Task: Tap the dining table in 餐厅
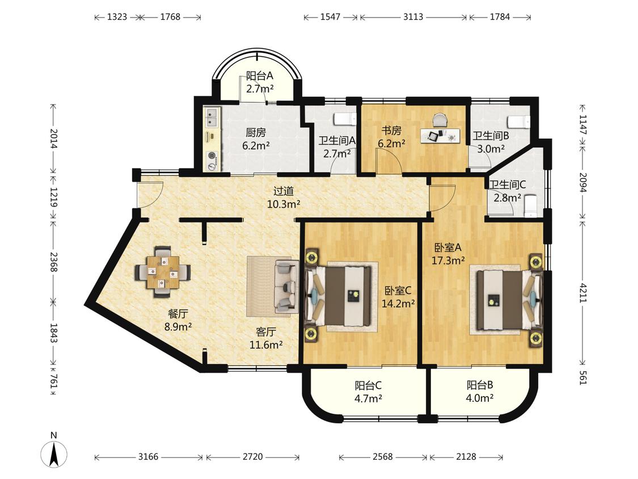click(163, 272)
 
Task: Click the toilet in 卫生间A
click(345, 119)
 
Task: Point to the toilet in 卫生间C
click(531, 205)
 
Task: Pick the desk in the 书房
click(440, 136)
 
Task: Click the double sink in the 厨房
click(213, 117)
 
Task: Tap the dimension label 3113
click(413, 16)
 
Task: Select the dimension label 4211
click(583, 292)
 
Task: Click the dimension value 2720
click(253, 457)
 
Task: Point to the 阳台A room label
click(259, 75)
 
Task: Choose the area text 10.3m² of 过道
click(284, 204)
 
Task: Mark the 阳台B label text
click(480, 385)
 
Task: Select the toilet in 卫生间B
click(519, 121)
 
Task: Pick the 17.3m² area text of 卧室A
click(448, 260)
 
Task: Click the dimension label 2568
click(383, 457)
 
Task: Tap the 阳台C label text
click(368, 385)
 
